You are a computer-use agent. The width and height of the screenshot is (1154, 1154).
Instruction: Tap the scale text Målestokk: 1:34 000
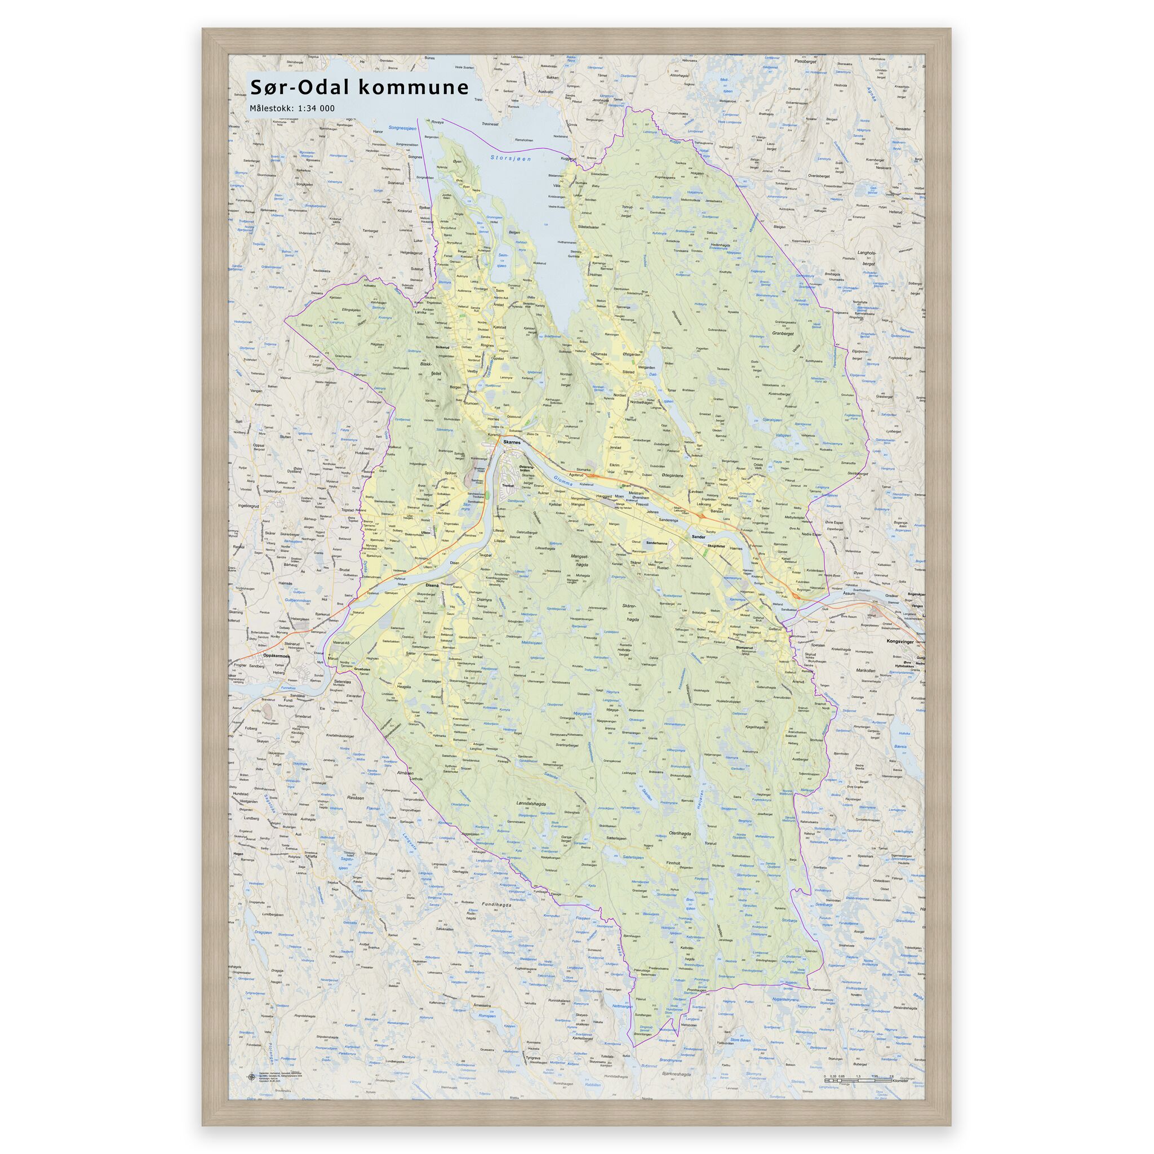pyautogui.click(x=292, y=109)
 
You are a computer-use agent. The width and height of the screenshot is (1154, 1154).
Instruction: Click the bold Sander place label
pyautogui.click(x=698, y=538)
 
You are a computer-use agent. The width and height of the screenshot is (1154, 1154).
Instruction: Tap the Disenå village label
pyautogui.click(x=431, y=585)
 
